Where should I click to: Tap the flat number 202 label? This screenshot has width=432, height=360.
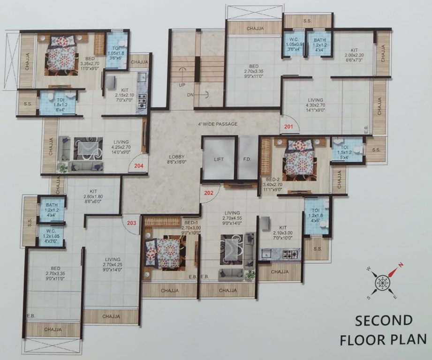209,192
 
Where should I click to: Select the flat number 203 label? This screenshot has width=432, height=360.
131,223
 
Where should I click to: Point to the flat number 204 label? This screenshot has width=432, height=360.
139,165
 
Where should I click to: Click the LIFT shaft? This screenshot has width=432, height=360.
219,159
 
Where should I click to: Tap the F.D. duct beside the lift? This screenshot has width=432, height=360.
247,159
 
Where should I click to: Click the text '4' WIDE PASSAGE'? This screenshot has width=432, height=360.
217,124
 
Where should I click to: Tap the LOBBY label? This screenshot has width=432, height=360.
177,157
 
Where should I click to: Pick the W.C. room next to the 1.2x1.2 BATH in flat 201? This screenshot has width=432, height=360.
294,44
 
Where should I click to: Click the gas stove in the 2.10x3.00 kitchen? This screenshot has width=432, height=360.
291,255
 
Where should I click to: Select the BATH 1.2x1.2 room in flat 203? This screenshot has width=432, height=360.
52,205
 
